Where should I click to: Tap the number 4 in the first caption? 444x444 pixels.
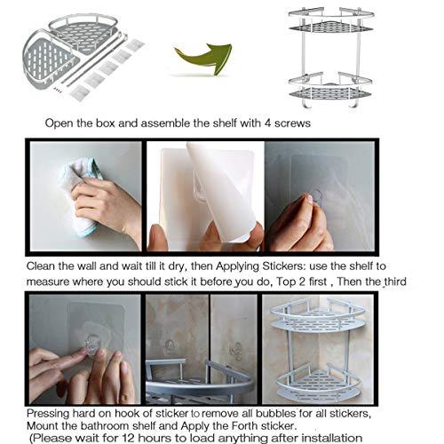[267, 123]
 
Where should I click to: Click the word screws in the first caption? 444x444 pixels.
[292, 123]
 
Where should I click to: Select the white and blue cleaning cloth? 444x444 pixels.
[80, 195]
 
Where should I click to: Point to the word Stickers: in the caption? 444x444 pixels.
[284, 266]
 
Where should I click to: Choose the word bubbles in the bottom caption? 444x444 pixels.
[276, 413]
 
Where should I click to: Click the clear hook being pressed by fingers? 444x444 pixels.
[92, 344]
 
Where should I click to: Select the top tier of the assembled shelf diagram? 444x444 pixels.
[330, 21]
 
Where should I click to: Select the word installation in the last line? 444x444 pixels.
[331, 438]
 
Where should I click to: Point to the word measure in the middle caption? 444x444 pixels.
[48, 282]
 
